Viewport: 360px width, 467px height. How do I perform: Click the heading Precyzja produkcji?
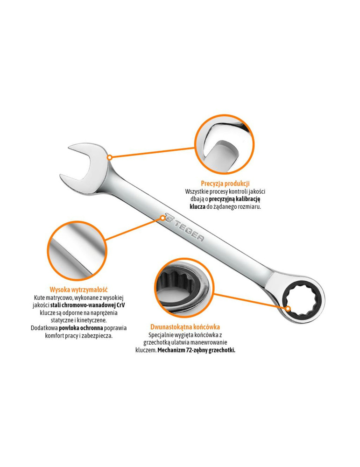(225, 184)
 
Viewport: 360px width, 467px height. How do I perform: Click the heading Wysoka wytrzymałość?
(78, 290)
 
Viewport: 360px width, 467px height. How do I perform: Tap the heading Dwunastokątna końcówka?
(185, 327)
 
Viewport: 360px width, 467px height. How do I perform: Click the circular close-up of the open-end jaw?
(225, 144)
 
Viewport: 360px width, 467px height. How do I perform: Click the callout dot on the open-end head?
(110, 157)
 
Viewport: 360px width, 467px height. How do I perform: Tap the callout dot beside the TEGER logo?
(163, 218)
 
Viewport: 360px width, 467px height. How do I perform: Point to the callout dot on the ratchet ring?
(288, 309)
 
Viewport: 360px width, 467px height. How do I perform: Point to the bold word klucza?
(197, 206)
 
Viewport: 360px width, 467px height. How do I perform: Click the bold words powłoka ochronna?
(81, 328)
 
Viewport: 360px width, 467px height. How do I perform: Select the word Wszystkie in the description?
(196, 191)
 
